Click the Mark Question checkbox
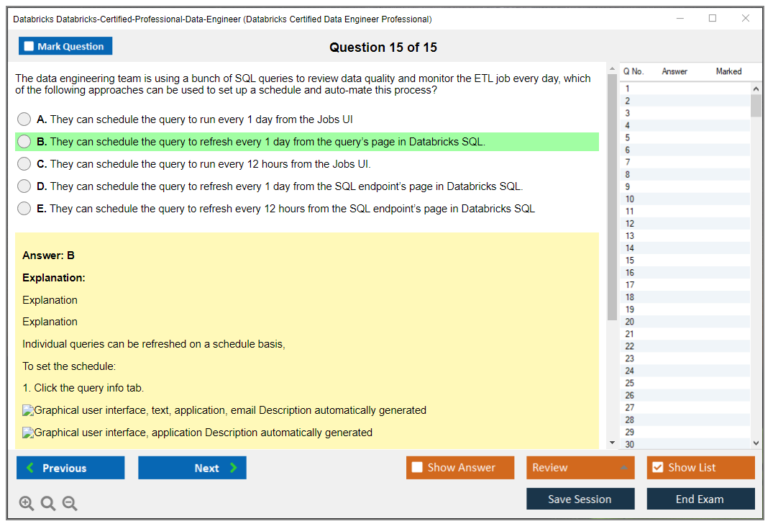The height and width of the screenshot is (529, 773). point(29,46)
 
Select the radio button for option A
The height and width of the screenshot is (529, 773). point(24,119)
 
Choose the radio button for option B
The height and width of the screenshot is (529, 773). point(24,142)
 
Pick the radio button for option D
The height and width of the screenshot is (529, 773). point(24,186)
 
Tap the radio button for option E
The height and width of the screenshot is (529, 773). point(24,208)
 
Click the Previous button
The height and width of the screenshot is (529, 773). point(70,467)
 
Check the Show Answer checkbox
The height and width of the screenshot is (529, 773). point(417,467)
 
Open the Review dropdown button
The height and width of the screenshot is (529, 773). point(580,467)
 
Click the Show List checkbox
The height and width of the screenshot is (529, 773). point(658,467)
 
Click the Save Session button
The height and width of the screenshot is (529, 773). point(580,499)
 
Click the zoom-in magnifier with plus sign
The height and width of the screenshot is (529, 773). point(27,503)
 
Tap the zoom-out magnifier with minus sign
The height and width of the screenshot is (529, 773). point(70,503)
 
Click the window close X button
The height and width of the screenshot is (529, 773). point(746,18)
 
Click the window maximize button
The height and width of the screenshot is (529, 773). point(713,18)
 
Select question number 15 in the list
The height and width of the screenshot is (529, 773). point(629,260)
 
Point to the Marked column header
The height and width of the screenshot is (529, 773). point(728,71)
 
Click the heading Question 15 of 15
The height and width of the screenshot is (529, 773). point(383,47)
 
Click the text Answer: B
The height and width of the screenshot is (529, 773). point(48,255)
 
